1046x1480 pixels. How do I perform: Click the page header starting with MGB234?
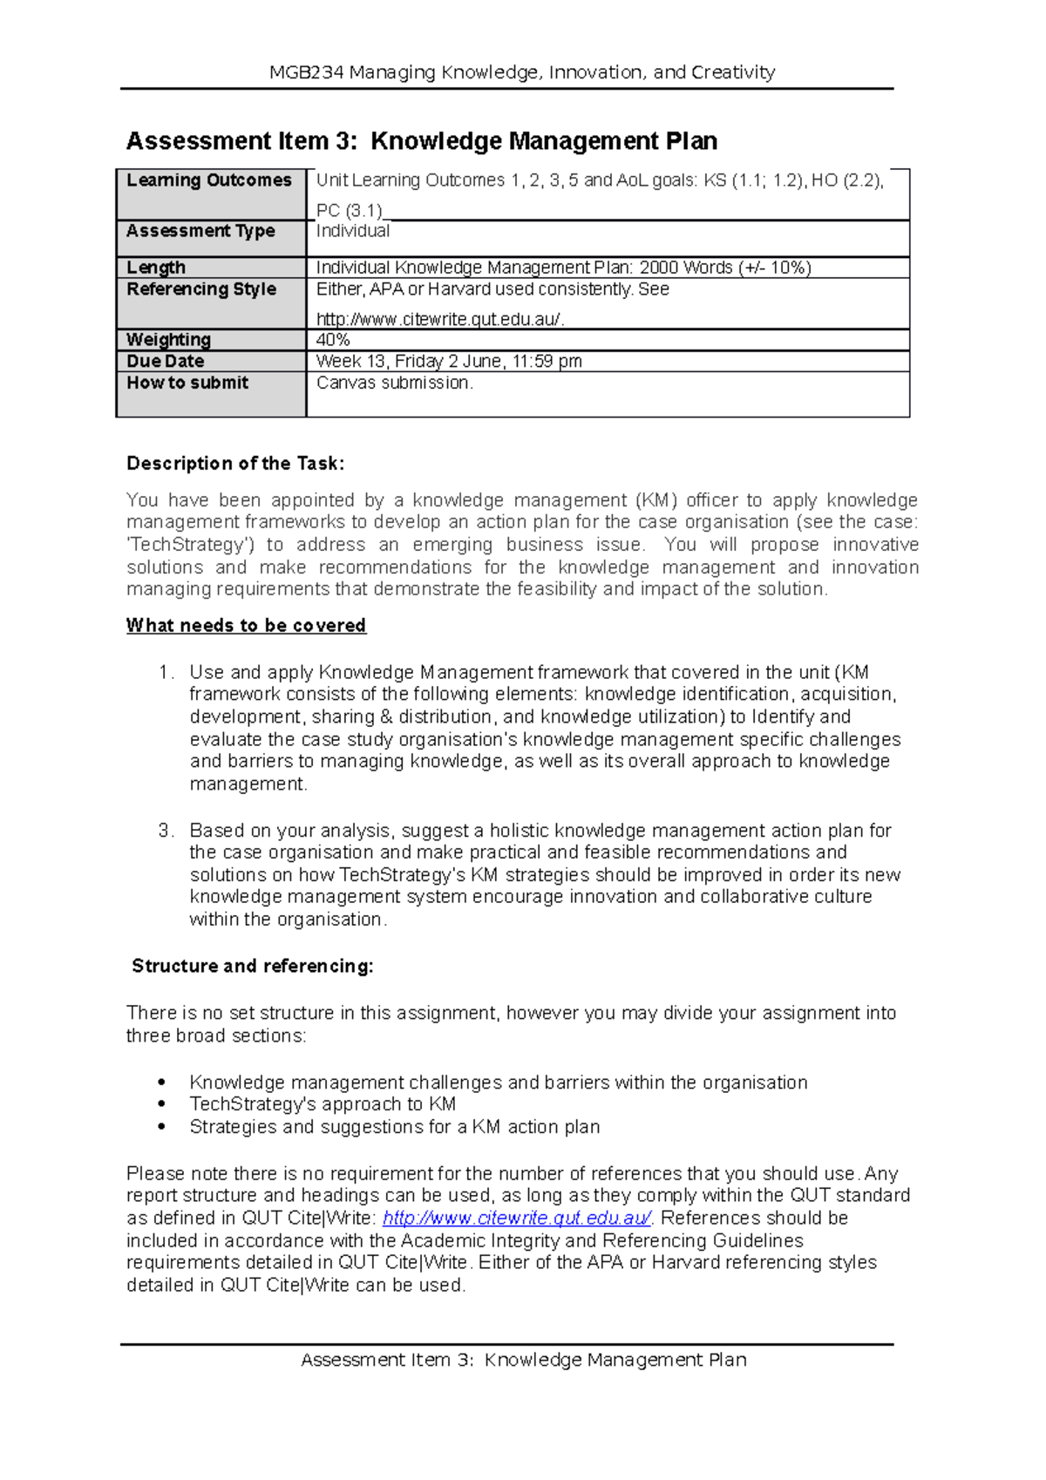522,72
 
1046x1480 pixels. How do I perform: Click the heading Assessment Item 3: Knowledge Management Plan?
422,141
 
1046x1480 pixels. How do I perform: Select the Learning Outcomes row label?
209,180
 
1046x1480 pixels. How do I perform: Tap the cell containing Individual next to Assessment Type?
353,231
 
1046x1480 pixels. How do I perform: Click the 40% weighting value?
333,340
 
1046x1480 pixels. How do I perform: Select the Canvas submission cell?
394,383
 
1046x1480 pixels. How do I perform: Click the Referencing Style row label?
201,289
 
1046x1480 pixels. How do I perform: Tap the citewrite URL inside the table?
440,320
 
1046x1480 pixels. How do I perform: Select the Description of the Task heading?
235,464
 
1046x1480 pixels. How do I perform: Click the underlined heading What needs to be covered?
246,626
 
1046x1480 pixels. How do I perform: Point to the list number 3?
166,831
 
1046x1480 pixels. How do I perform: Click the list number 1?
166,673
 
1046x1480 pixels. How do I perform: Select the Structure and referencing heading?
252,967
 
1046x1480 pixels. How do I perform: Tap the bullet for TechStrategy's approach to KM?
161,1104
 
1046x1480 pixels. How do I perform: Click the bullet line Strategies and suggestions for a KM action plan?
394,1127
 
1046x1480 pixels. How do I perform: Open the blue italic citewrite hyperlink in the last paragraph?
517,1219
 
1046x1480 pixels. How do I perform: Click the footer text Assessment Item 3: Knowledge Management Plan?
523,1360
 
